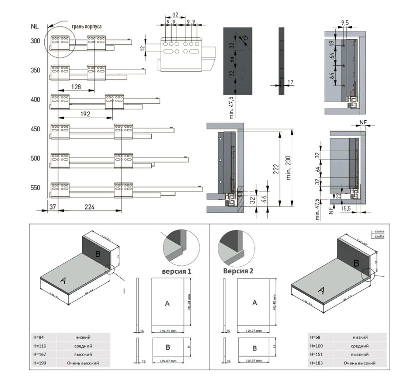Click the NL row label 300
(x=35, y=41)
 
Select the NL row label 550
(x=35, y=188)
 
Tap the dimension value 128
(x=76, y=86)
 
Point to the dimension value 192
(x=85, y=114)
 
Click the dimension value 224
(x=89, y=205)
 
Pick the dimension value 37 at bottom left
(x=53, y=205)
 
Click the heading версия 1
(x=176, y=272)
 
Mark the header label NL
(x=35, y=26)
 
